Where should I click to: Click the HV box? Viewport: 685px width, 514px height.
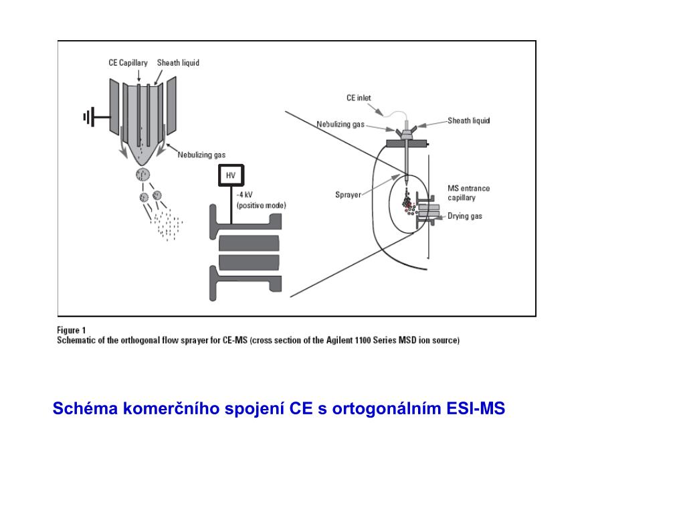pos(231,175)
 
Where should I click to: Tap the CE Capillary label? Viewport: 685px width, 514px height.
pos(128,63)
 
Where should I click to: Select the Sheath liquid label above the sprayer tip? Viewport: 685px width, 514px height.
pos(178,63)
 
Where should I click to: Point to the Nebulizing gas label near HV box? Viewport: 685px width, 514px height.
pos(201,155)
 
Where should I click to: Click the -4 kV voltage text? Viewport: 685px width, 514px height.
pos(244,195)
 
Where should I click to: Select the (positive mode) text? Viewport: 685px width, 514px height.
pos(262,205)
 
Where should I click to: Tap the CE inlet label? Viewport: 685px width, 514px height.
pos(359,98)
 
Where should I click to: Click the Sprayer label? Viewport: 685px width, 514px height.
pos(348,195)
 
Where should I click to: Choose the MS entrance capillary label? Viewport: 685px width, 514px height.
pos(469,193)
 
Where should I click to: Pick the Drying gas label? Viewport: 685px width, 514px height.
pos(465,216)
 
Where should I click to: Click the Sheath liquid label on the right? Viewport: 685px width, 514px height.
pos(469,120)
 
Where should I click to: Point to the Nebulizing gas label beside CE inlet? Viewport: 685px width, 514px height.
pos(340,124)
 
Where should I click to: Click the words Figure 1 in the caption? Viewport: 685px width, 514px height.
pos(71,330)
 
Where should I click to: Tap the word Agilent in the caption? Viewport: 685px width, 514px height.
pos(339,340)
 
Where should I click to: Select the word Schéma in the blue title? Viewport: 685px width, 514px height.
pos(85,408)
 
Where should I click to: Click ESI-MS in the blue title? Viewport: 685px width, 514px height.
pos(476,408)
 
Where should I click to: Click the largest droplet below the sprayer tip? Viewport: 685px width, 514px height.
pos(143,175)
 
